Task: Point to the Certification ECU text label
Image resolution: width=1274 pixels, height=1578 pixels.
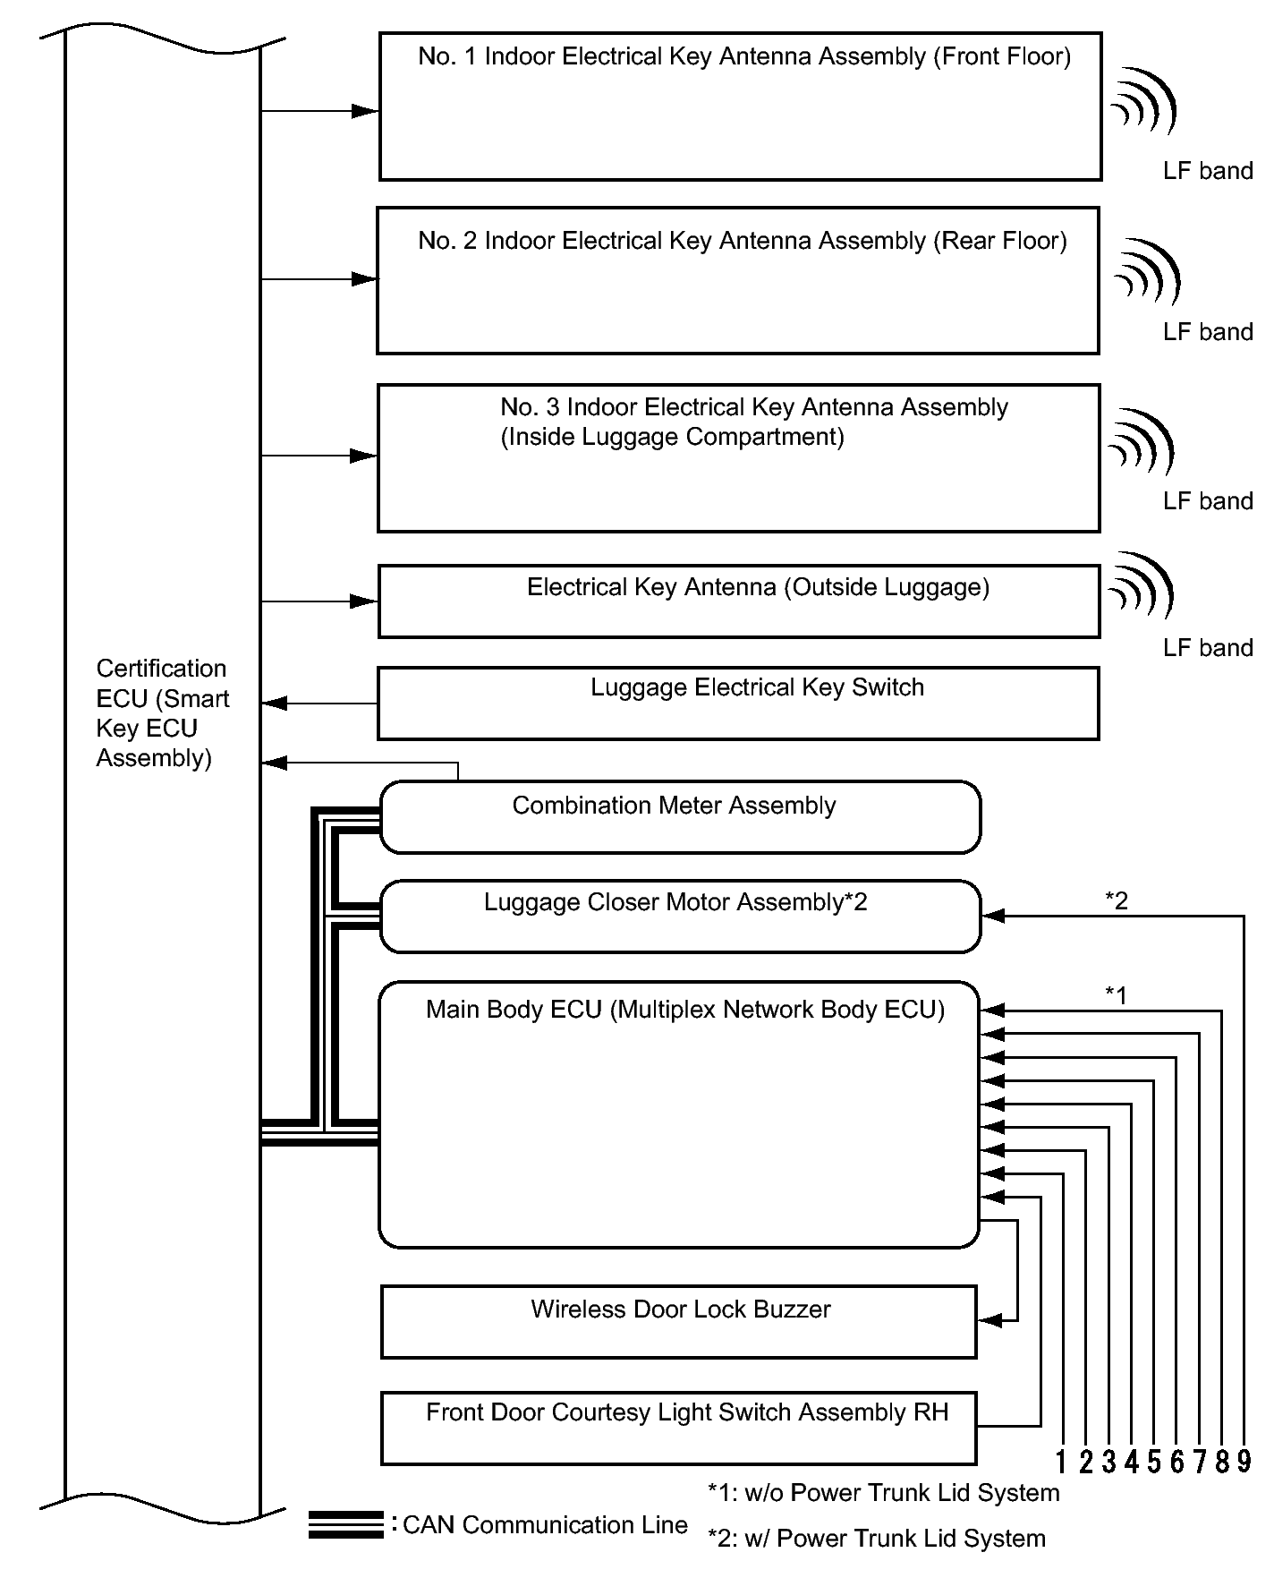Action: click(161, 713)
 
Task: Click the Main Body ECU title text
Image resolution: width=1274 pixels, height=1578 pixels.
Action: click(684, 1010)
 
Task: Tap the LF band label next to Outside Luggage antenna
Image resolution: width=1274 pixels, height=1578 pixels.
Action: click(1207, 648)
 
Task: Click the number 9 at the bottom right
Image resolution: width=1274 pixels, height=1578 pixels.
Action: click(1244, 1463)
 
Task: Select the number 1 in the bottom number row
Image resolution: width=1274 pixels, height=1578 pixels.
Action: click(1061, 1463)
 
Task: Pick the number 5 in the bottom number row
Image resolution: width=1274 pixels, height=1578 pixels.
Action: click(1153, 1463)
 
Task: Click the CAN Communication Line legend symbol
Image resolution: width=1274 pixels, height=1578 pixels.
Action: click(345, 1524)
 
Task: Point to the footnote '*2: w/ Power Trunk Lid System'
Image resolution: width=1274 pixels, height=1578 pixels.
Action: click(876, 1538)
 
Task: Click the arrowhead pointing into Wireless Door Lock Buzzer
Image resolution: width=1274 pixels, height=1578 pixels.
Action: click(989, 1320)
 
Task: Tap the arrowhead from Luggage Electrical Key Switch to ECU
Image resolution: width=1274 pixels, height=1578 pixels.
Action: click(274, 704)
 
